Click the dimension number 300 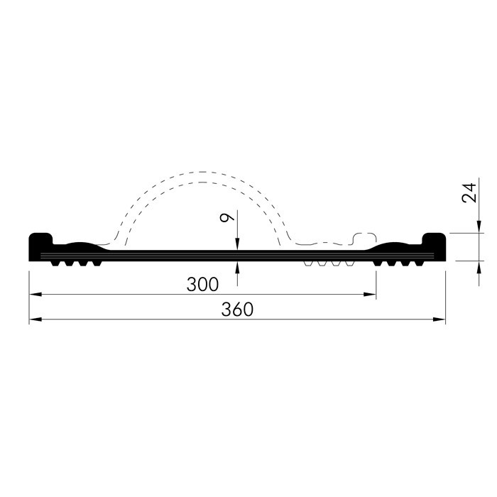pos(202,284)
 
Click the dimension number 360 pos(237,310)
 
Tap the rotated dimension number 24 pos(469,192)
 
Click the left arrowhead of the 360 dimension pos(35,319)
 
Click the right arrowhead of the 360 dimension pos(439,319)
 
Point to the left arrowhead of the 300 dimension pos(35,295)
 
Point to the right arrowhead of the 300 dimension pos(370,295)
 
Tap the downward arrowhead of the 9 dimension pos(237,244)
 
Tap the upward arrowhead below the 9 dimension pos(237,267)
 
